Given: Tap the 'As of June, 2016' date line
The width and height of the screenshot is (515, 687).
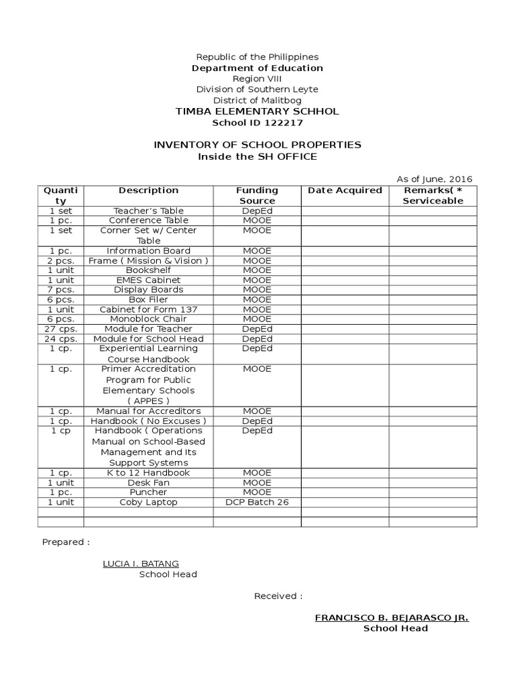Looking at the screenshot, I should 435,179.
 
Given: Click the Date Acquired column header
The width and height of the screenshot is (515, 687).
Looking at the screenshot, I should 345,191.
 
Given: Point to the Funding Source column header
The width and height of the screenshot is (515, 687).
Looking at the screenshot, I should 257,195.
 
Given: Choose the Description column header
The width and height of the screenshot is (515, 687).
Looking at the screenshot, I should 148,191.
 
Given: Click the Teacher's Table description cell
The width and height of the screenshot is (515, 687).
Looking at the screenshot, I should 148,211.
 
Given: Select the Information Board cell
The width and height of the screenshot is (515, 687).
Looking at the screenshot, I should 148,250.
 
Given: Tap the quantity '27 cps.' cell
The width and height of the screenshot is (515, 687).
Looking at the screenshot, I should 61,329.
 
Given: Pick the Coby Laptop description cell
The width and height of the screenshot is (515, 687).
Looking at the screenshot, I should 148,502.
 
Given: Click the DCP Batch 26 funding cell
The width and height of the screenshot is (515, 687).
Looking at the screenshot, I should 257,502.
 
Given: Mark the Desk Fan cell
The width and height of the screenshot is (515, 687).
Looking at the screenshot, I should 148,482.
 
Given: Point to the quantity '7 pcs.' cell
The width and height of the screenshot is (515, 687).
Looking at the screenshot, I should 61,290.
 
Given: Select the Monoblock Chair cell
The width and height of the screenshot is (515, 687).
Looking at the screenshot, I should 148,319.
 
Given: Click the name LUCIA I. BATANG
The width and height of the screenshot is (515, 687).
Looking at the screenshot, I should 140,564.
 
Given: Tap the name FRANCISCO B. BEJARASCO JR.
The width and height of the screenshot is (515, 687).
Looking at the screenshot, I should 392,618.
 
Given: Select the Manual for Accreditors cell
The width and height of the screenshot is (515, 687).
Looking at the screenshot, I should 148,411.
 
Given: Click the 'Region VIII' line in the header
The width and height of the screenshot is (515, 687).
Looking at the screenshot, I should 257,78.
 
